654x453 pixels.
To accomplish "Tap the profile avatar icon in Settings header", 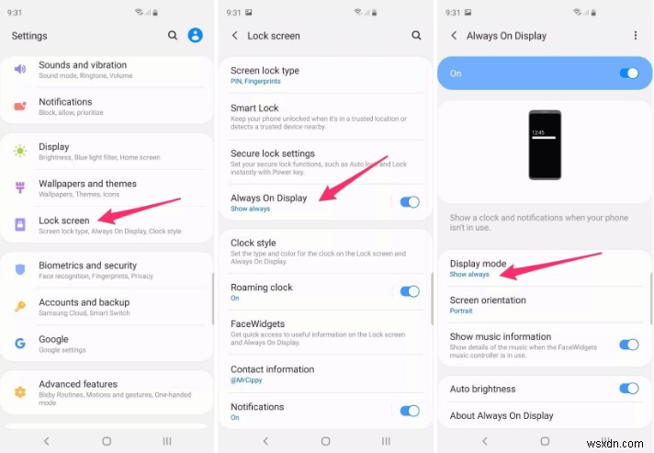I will (195, 35).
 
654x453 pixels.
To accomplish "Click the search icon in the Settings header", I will (173, 35).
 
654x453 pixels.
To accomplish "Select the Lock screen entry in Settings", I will (64, 221).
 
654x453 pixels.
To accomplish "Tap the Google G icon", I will (19, 343).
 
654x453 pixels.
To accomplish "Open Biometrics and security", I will (87, 266).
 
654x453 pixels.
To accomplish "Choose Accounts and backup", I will (84, 302).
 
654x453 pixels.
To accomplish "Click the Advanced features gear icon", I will (19, 391).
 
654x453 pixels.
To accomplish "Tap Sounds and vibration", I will (83, 65).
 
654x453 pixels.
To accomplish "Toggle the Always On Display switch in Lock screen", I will (409, 201).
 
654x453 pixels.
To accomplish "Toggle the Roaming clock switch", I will (409, 291).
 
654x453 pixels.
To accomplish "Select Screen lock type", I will (265, 71).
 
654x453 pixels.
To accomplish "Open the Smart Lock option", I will (254, 108).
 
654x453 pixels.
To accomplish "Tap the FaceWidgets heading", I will (257, 323).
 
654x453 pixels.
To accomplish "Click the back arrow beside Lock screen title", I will (235, 36).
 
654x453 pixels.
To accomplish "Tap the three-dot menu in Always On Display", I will (635, 36).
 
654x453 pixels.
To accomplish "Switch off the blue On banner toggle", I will (629, 73).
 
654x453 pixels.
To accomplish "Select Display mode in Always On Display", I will (478, 264).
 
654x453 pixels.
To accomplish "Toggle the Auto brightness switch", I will (629, 389).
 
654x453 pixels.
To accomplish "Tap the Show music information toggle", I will (629, 345).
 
